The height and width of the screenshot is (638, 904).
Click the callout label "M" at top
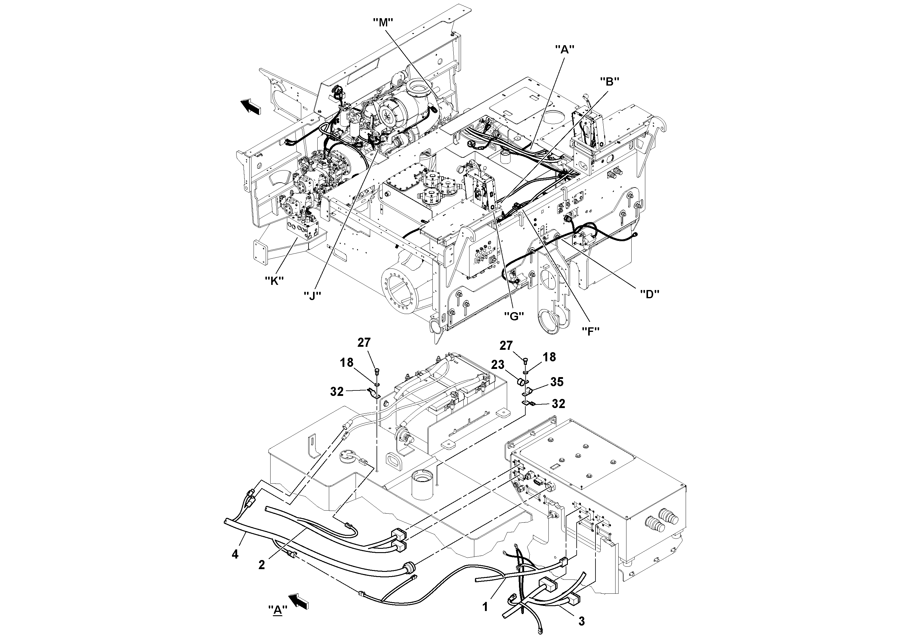tap(383, 23)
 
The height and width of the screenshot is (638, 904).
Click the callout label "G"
tap(514, 316)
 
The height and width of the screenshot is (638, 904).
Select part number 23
tap(498, 365)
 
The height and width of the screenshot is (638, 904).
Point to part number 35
tap(557, 382)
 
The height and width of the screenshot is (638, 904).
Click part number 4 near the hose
tap(235, 555)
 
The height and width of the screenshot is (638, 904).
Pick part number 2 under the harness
tap(261, 565)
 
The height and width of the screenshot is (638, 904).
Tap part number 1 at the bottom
tap(486, 607)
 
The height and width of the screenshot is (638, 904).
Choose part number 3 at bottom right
tap(582, 622)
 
